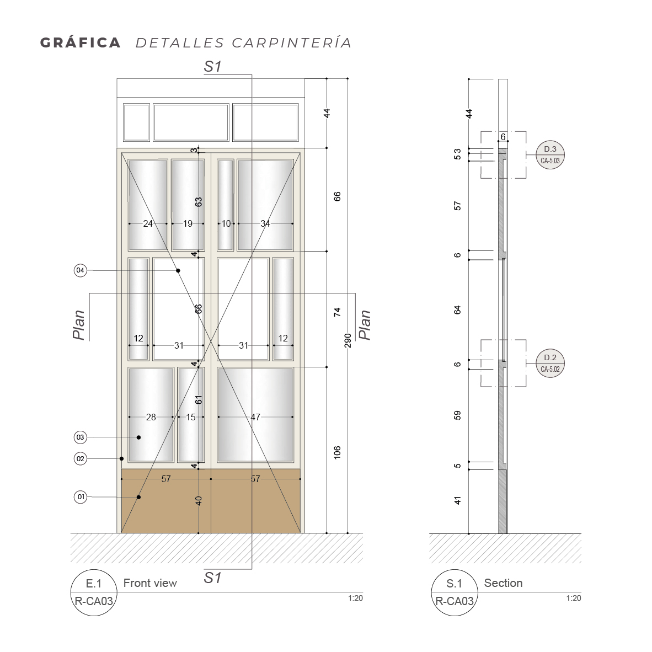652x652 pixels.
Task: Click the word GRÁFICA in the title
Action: click(80, 42)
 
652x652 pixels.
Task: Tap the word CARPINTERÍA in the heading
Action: click(291, 42)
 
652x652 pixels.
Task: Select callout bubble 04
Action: click(80, 270)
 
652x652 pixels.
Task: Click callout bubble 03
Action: click(80, 437)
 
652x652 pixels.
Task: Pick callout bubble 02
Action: click(80, 458)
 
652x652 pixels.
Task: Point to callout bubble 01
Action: click(80, 497)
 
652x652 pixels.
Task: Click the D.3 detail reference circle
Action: click(550, 154)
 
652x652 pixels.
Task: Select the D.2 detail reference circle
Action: click(550, 363)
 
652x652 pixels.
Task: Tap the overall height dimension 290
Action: click(348, 340)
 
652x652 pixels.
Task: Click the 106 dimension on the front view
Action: click(337, 452)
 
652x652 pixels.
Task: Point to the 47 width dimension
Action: click(255, 417)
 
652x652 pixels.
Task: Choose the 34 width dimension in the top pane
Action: click(265, 224)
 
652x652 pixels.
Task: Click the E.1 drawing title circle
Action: click(94, 592)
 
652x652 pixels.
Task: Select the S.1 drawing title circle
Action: click(455, 592)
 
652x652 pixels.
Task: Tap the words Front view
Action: click(150, 583)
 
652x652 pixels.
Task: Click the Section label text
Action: click(503, 583)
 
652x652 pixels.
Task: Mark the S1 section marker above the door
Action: click(212, 67)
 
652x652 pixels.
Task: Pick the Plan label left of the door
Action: click(78, 325)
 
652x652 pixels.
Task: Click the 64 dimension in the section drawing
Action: click(457, 310)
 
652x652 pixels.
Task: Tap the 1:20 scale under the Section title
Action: click(574, 598)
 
